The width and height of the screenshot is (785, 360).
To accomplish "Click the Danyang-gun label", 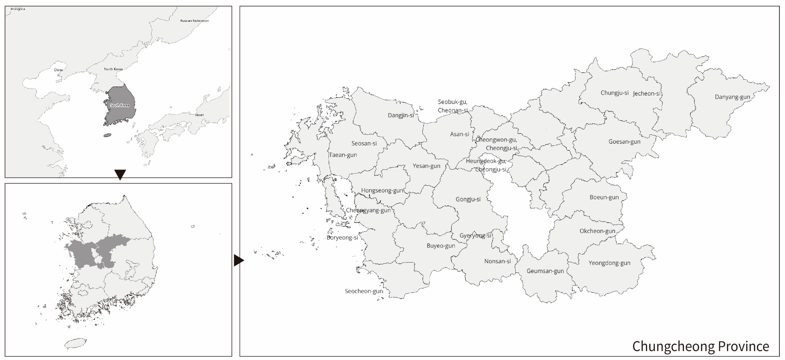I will point(732,97).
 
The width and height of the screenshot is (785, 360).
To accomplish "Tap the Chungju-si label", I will point(614,93).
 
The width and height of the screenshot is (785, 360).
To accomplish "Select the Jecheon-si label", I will point(646,94).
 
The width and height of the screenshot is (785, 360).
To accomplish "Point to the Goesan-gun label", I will point(624,142).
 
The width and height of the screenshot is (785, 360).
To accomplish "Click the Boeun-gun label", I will point(604,197).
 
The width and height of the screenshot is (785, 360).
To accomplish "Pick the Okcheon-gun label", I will point(597,231).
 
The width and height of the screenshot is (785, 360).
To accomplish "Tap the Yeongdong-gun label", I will point(609,263).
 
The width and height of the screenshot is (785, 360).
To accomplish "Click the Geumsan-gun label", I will point(545,271).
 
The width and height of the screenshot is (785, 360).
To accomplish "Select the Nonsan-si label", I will point(497,261).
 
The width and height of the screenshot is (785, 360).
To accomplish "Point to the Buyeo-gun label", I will point(441,246).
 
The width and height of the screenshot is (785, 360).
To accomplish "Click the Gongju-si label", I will point(468,199).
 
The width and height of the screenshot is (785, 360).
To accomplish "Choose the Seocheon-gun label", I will point(363,291).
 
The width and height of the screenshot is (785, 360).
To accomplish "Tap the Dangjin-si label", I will point(401,115).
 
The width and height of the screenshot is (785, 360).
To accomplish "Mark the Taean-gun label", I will point(343,155).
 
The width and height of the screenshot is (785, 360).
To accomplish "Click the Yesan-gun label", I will point(426,166).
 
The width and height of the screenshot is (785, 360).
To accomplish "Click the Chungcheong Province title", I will point(700,346).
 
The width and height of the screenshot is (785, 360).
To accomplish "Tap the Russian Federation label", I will point(194,21).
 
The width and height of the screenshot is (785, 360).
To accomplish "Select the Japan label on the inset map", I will point(199,115).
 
